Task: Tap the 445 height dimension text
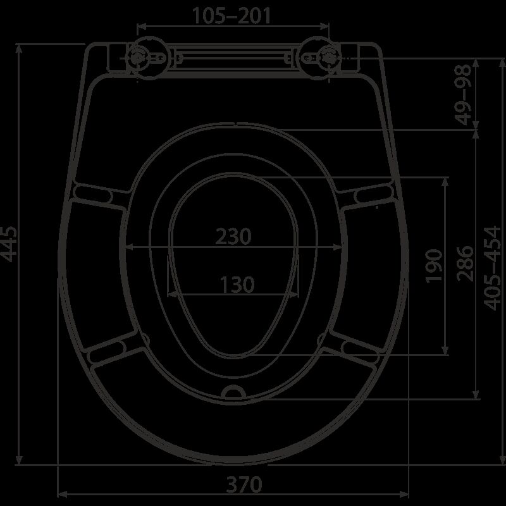[x=8, y=244]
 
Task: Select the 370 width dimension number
[x=244, y=484]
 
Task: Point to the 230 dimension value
[x=233, y=236]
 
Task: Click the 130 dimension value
[x=237, y=285]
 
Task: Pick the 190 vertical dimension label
[x=433, y=266]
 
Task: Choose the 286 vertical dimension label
[x=466, y=264]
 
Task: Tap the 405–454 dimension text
[x=492, y=268]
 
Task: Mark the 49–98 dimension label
[x=463, y=94]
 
